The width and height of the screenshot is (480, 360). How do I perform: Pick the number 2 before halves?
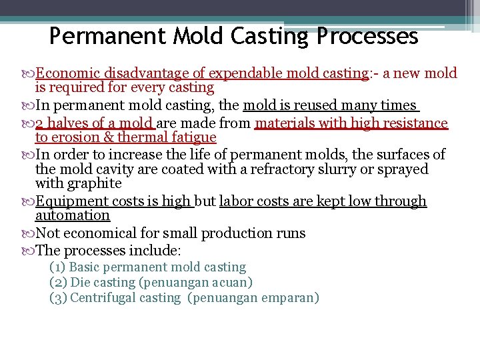pyautogui.click(x=39, y=123)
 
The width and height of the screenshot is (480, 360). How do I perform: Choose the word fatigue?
pyautogui.click(x=192, y=137)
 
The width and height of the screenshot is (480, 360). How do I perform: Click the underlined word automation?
pyautogui.click(x=72, y=215)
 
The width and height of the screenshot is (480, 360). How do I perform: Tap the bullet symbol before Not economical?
pyautogui.click(x=27, y=233)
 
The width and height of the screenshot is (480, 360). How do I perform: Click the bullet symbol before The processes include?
pyautogui.click(x=27, y=251)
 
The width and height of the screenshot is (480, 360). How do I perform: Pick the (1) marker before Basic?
pyautogui.click(x=57, y=267)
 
